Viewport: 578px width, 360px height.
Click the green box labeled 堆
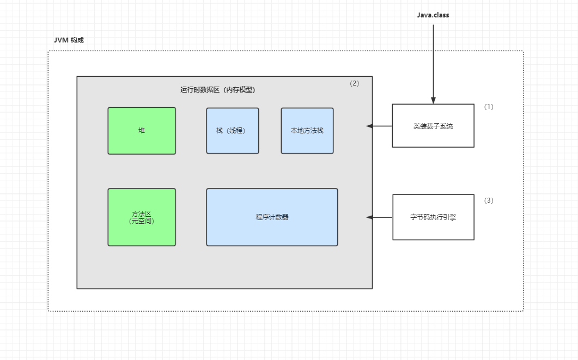click(142, 131)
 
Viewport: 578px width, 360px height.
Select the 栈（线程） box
click(233, 131)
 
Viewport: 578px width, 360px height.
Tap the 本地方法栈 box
click(307, 131)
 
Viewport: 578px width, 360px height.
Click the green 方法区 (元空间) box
click(142, 217)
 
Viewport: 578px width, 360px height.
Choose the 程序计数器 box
click(272, 217)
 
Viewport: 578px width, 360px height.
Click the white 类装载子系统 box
click(433, 126)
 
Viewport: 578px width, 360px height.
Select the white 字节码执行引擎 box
click(433, 217)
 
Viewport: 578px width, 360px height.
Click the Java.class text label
click(433, 15)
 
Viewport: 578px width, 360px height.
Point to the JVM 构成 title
click(69, 40)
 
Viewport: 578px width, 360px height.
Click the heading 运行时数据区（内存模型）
click(218, 90)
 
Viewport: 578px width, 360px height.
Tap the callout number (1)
click(489, 107)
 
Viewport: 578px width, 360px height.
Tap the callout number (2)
click(354, 83)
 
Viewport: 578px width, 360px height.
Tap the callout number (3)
click(489, 200)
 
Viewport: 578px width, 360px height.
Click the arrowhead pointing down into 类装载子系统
click(433, 101)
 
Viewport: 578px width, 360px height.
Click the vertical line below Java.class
click(433, 60)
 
